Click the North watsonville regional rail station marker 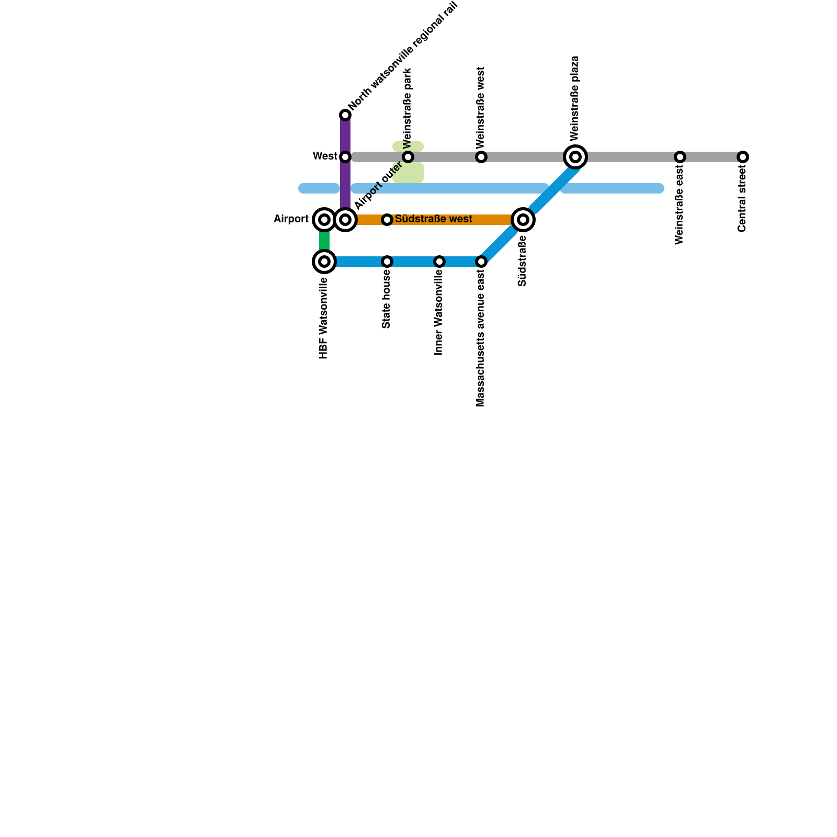pyautogui.click(x=345, y=115)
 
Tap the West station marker pyautogui.click(x=345, y=157)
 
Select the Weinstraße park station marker pyautogui.click(x=408, y=157)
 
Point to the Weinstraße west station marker pyautogui.click(x=481, y=157)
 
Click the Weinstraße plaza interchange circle pyautogui.click(x=575, y=157)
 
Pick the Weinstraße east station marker pyautogui.click(x=680, y=157)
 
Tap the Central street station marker pyautogui.click(x=743, y=157)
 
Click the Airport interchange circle pyautogui.click(x=324, y=220)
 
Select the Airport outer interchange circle pyautogui.click(x=345, y=220)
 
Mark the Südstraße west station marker pyautogui.click(x=387, y=220)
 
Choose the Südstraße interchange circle pyautogui.click(x=523, y=220)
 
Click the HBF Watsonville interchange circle pyautogui.click(x=324, y=262)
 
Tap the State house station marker pyautogui.click(x=387, y=262)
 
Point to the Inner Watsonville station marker pyautogui.click(x=439, y=262)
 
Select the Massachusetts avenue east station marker pyautogui.click(x=481, y=262)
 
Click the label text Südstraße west pyautogui.click(x=433, y=219)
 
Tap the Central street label pyautogui.click(x=742, y=199)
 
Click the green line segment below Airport pyautogui.click(x=324, y=241)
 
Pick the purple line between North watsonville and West pyautogui.click(x=345, y=136)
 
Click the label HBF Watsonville pyautogui.click(x=324, y=318)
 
